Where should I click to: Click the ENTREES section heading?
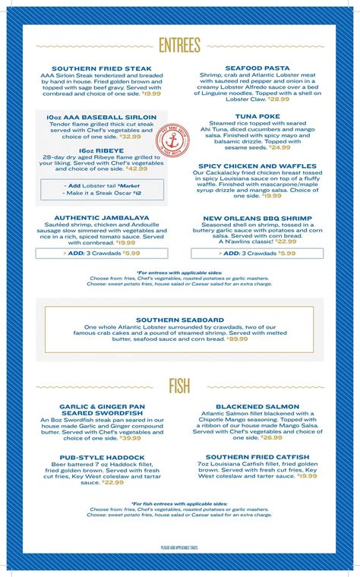tap(180, 46)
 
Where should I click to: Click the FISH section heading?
tap(180, 386)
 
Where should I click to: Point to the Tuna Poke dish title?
tap(257, 116)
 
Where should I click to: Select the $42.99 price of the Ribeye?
tap(136, 169)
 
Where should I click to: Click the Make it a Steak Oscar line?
tap(100, 194)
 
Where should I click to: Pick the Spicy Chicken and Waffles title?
tap(257, 166)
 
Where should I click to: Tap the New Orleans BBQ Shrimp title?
tap(257, 217)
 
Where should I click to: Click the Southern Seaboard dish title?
tap(180, 319)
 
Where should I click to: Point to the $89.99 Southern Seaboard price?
tap(237, 339)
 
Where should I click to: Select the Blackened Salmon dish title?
tap(257, 406)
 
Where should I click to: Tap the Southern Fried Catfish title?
tap(257, 457)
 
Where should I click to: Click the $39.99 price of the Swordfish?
tap(130, 438)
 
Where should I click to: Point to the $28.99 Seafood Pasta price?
tap(278, 99)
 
